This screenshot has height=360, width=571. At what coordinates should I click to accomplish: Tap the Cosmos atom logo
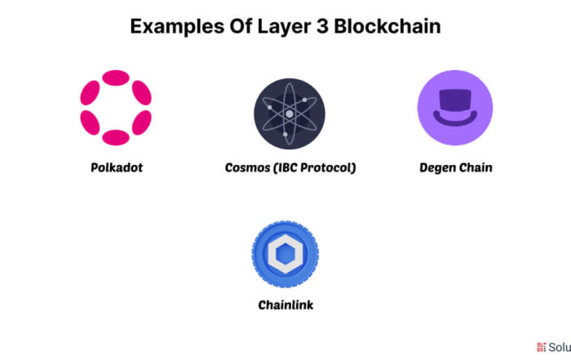coord(290,113)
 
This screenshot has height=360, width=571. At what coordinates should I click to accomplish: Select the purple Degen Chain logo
coord(455,108)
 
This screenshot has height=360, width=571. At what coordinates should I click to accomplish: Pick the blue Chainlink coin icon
coord(285,254)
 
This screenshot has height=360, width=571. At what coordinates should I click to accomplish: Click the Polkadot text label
coord(117,167)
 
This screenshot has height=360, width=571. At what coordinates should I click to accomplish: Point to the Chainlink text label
coord(285,305)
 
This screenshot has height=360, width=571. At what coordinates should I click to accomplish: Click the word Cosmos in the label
coord(247,167)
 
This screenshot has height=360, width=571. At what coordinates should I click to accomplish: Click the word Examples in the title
coord(177,27)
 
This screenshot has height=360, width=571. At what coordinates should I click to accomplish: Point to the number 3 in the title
coord(322,27)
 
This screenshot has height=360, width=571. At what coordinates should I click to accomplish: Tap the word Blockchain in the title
coord(387,26)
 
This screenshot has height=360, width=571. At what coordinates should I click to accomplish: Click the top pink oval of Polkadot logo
coord(116,78)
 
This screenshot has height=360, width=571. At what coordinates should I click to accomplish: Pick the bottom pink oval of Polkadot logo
coord(116,138)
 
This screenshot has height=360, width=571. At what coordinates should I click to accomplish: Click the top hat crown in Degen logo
coord(455,100)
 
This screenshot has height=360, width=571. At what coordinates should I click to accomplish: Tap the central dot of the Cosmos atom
coord(290,113)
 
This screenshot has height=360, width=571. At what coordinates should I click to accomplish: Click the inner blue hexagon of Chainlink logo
coord(285,254)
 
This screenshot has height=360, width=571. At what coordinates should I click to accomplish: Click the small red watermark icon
coord(541,347)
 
